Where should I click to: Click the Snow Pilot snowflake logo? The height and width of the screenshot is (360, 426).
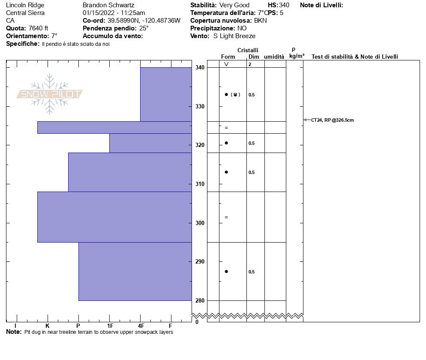(50, 94)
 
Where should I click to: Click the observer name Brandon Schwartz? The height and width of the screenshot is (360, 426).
(108, 5)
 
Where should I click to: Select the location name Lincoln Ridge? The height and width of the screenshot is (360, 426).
(25, 5)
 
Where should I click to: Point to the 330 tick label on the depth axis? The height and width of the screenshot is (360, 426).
(200, 106)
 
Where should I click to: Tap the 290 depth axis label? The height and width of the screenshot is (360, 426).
(200, 261)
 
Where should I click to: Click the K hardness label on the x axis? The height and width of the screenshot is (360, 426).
(47, 326)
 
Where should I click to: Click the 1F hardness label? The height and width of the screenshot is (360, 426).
(110, 326)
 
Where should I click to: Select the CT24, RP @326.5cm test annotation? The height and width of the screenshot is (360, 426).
(333, 120)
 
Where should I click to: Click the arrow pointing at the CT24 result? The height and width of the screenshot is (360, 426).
(307, 120)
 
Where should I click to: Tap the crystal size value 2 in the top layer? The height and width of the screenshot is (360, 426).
(249, 64)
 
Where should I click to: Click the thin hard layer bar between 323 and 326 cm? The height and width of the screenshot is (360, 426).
(114, 127)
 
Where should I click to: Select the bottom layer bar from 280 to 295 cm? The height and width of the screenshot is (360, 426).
(135, 271)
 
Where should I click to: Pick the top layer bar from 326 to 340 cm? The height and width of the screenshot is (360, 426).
(166, 94)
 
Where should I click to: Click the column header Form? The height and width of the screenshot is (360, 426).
(228, 57)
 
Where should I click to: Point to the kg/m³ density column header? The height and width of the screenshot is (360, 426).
(297, 56)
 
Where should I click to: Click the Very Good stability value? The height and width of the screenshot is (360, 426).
(234, 5)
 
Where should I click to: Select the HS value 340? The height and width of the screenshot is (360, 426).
(284, 5)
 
